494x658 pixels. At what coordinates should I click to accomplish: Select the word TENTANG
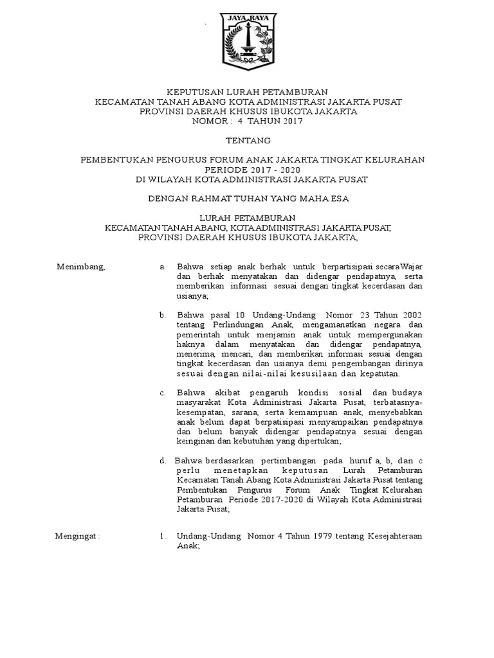click(248, 140)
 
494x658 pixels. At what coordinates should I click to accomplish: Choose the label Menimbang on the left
click(81, 266)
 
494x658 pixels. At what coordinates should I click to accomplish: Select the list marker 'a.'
click(163, 266)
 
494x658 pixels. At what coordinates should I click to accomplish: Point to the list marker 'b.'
click(163, 315)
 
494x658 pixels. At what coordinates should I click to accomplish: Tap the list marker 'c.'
click(163, 393)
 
